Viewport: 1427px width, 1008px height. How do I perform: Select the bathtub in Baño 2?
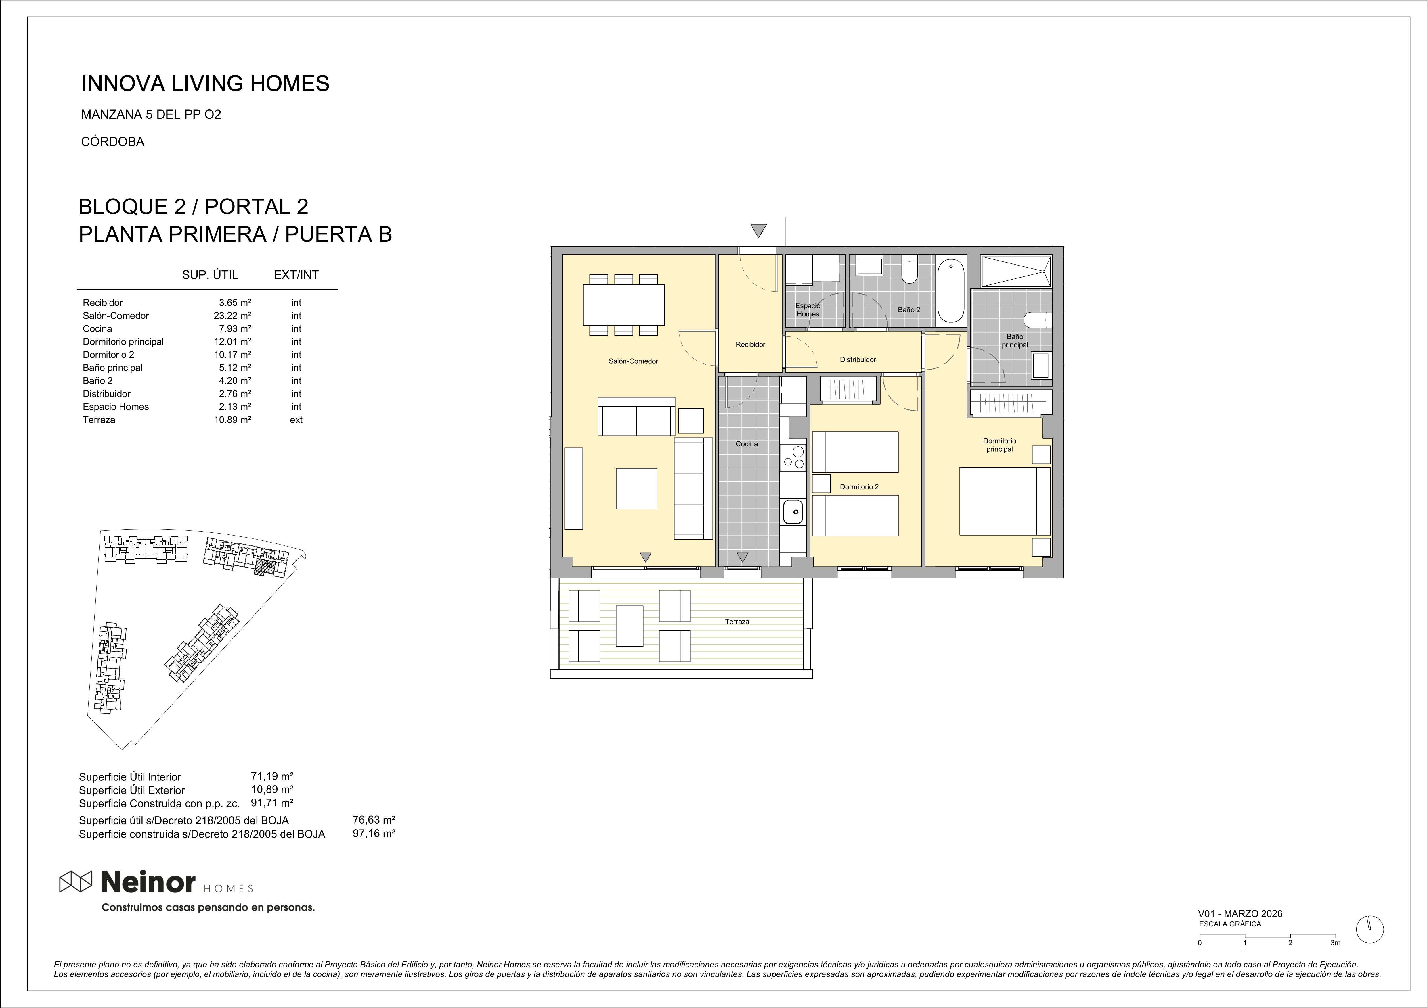(x=951, y=291)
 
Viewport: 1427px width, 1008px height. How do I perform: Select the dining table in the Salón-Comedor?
(x=623, y=305)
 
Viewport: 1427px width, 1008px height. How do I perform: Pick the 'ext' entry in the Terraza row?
(x=296, y=420)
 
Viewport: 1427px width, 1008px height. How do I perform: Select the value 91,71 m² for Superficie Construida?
(x=272, y=803)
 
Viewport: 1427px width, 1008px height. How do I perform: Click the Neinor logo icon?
(x=75, y=881)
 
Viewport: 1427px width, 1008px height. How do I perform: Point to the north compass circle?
(x=1370, y=947)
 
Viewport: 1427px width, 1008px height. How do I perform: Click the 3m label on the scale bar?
(x=1335, y=960)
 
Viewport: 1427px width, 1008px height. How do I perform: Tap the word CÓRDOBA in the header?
(x=112, y=142)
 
